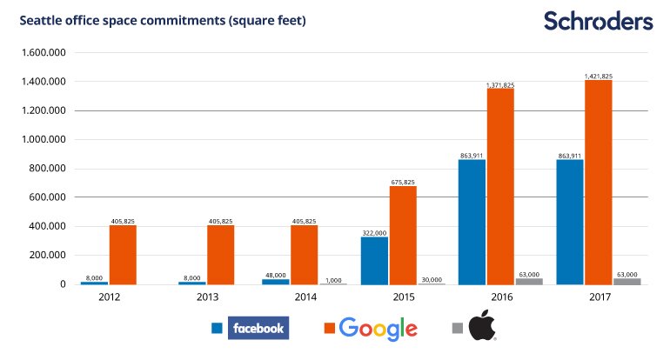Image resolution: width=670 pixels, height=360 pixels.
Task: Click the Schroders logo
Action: click(599, 21)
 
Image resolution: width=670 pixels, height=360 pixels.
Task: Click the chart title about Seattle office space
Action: click(163, 21)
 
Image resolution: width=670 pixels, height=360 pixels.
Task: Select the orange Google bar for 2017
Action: click(599, 183)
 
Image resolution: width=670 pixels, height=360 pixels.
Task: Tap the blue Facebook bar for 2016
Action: click(472, 222)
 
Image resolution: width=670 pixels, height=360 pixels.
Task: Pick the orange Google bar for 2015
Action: click(403, 236)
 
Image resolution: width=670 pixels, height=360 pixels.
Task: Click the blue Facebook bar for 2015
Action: click(374, 261)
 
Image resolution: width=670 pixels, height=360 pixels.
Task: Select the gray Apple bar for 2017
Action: click(627, 282)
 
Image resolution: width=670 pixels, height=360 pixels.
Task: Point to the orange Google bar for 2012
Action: click(123, 255)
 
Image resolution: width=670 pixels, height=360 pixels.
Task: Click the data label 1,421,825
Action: click(599, 76)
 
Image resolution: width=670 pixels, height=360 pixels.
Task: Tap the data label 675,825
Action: click(403, 183)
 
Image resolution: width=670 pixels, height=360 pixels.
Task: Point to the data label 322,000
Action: click(374, 233)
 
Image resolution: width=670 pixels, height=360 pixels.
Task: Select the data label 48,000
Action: click(276, 276)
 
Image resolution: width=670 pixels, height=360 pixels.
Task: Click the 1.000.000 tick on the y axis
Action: click(44, 140)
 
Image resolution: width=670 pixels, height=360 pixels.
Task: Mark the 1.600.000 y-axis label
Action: click(44, 52)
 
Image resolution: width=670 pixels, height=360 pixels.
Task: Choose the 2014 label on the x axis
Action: click(305, 297)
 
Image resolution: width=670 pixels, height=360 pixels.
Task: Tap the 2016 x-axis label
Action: click(502, 297)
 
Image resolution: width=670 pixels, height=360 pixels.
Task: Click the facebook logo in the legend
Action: click(258, 328)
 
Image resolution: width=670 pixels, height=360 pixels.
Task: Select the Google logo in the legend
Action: click(379, 329)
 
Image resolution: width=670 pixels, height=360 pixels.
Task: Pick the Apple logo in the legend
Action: click(482, 325)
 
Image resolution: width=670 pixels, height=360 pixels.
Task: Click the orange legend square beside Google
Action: click(330, 328)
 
